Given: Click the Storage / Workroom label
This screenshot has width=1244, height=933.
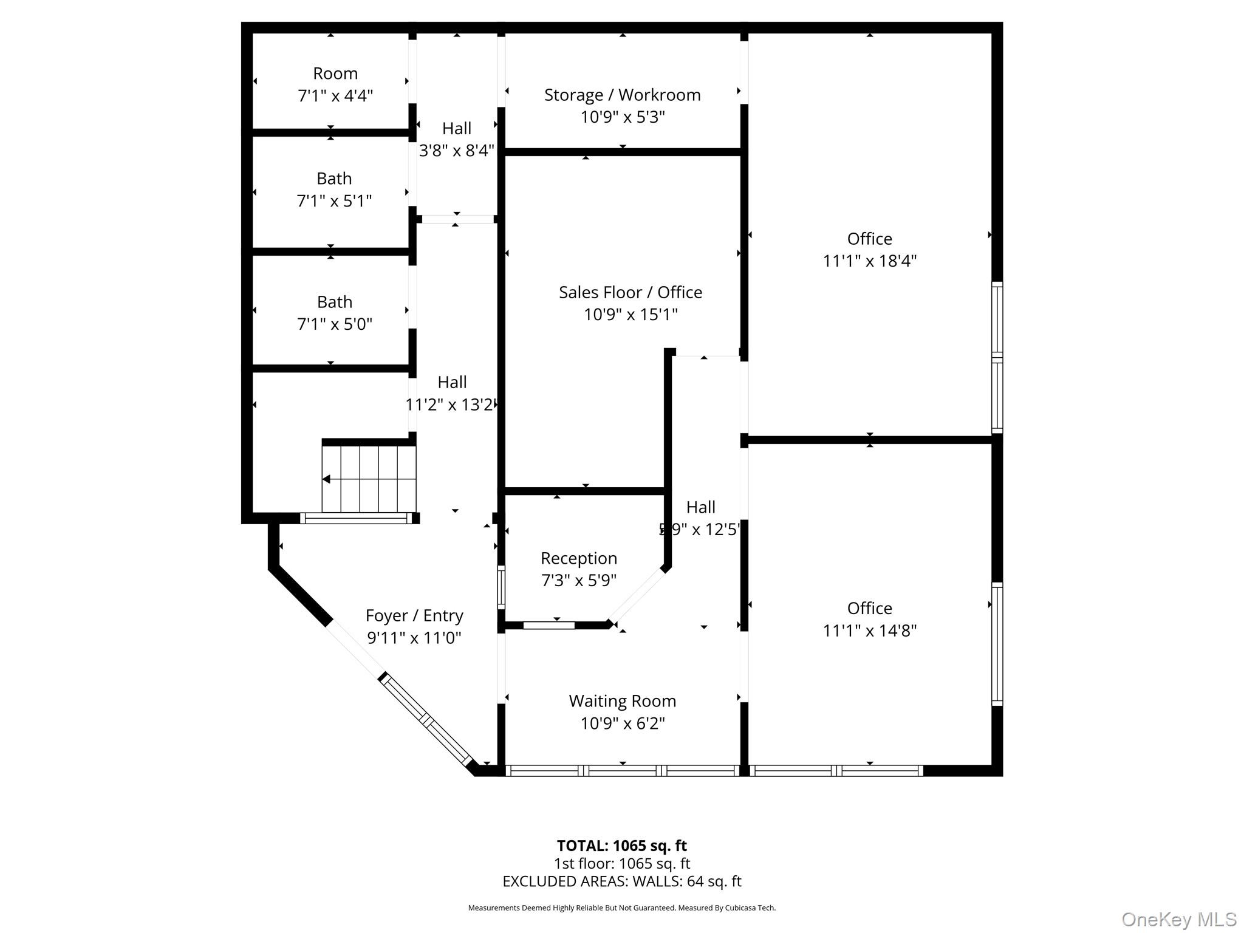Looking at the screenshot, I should [622, 95].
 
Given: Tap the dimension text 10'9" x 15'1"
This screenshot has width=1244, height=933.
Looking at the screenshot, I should [631, 315].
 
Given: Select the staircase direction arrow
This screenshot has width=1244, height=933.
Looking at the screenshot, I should [326, 479].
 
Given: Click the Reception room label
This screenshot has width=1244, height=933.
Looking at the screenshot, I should [578, 558].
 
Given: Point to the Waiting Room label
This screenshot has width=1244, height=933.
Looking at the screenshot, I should [622, 701].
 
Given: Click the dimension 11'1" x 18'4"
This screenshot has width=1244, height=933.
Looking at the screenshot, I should [869, 261].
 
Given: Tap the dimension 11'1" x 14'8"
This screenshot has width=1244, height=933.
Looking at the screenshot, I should [869, 631].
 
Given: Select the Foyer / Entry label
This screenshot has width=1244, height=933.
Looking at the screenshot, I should [414, 616].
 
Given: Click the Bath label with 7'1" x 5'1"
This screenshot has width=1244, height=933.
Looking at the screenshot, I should [334, 179].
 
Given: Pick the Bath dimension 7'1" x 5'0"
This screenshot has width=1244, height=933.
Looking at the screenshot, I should [334, 324].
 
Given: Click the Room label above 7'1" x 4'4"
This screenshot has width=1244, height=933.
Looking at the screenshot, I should [335, 73].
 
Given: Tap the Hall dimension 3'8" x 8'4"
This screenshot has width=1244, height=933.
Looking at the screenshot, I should [457, 151].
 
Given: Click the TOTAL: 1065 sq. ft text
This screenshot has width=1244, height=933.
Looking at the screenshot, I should [621, 846].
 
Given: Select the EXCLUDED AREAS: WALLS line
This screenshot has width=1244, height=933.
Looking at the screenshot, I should [621, 881].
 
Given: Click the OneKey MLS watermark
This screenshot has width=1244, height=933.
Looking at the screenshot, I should [1178, 920].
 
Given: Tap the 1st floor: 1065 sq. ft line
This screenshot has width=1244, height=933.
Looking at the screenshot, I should [621, 864].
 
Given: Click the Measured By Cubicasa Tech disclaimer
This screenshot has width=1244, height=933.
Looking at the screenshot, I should [621, 908].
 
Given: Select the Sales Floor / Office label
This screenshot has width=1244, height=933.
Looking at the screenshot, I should [631, 292].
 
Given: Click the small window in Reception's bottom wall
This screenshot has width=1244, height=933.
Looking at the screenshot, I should [549, 625].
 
